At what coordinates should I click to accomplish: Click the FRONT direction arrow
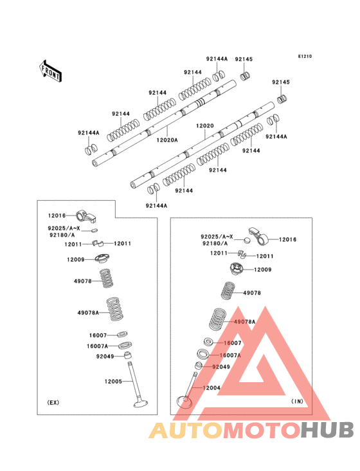click(x=50, y=71)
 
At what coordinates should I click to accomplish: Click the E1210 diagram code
click(x=305, y=56)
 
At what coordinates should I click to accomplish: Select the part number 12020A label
click(x=167, y=140)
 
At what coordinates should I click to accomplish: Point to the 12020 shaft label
click(x=205, y=125)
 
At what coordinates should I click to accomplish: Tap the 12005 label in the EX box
click(x=113, y=382)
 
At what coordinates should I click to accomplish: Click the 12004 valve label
click(x=212, y=388)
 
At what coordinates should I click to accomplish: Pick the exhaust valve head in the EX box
click(x=140, y=403)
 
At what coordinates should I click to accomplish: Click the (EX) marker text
click(x=53, y=403)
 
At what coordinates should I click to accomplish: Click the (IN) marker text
click(x=297, y=402)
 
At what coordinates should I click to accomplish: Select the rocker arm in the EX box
click(x=86, y=217)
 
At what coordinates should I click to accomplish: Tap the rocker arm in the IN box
click(x=259, y=236)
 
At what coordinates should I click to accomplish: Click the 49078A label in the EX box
click(x=88, y=313)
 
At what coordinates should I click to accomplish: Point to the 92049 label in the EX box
click(x=105, y=356)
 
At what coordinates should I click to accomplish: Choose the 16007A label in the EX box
click(x=98, y=346)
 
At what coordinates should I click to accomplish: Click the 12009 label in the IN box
click(x=263, y=270)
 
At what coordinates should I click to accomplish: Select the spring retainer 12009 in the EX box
click(x=102, y=259)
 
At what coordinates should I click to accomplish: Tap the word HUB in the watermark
click(x=328, y=430)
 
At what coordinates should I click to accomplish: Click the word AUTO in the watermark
click(x=186, y=430)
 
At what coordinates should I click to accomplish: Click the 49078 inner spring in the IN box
click(x=228, y=291)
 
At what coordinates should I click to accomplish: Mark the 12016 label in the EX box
click(x=57, y=216)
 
